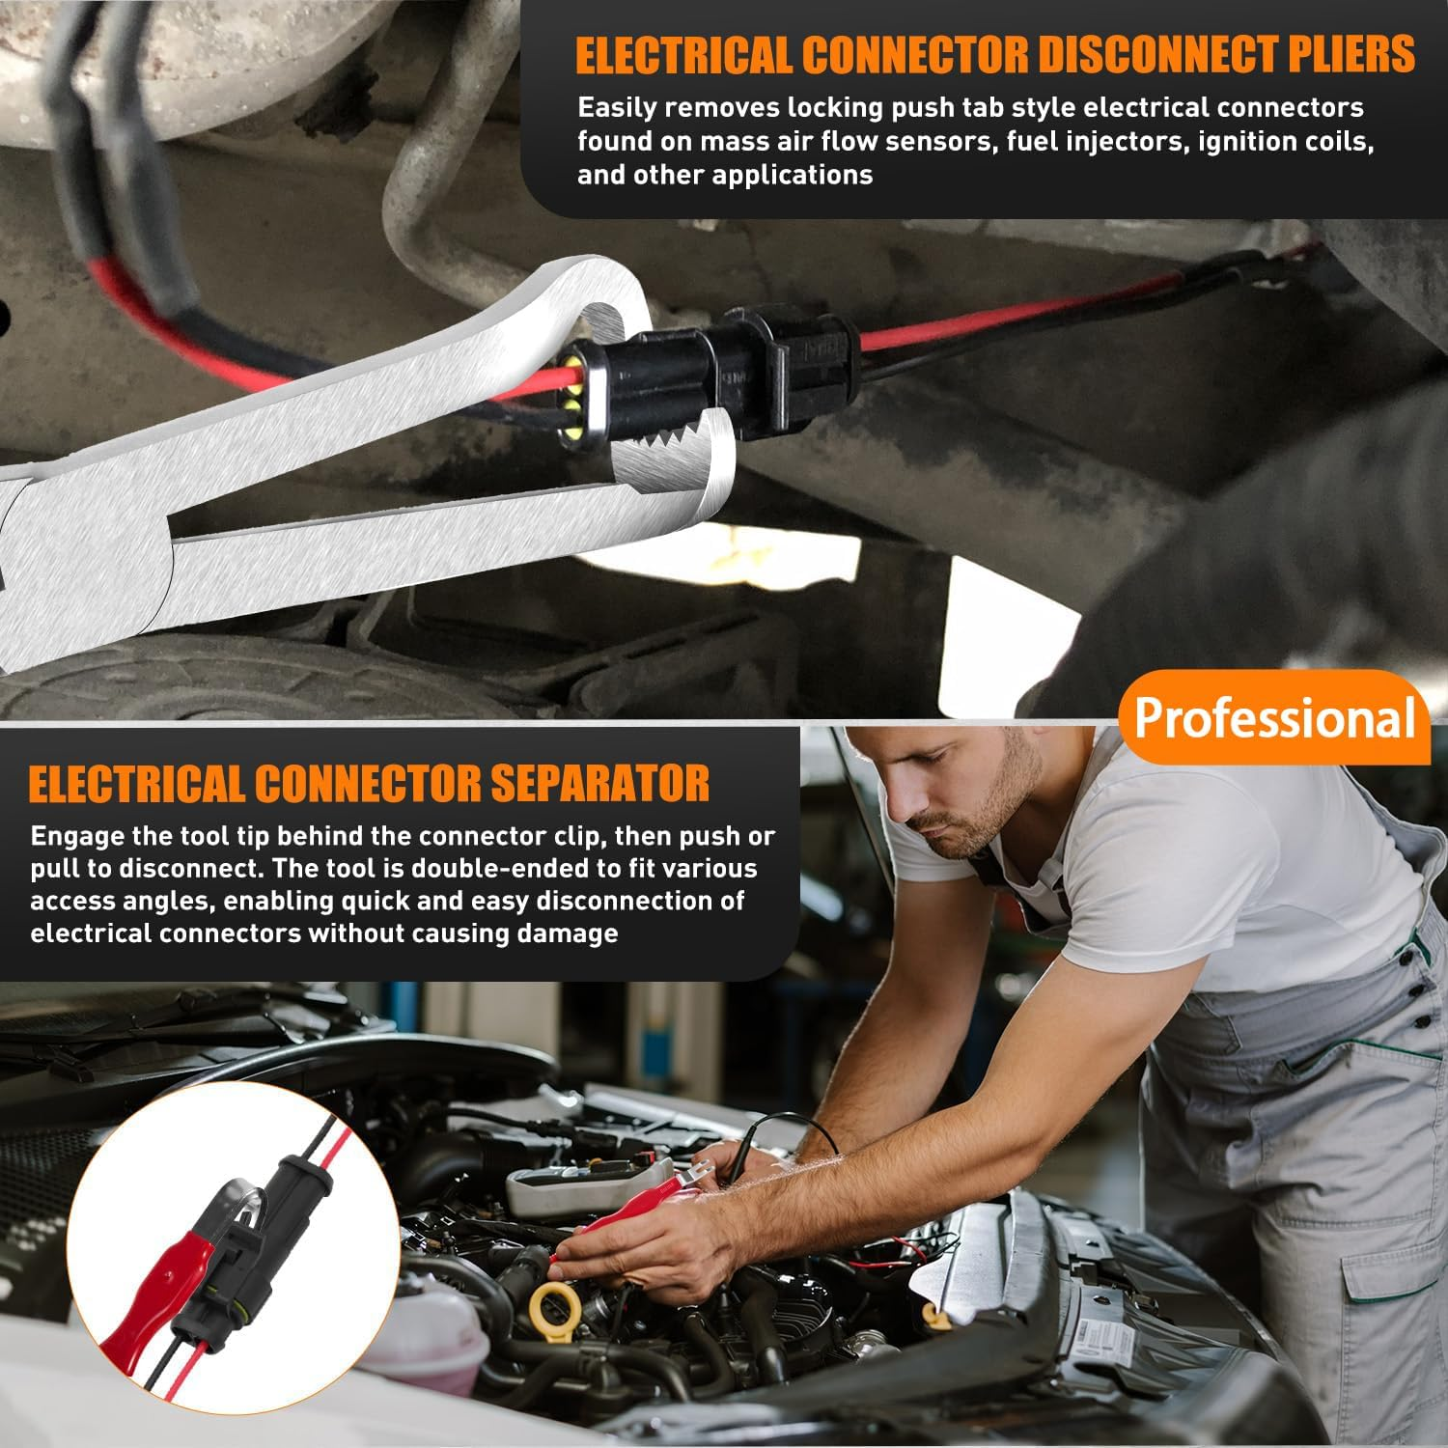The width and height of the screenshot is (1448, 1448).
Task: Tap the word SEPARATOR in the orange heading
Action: [600, 784]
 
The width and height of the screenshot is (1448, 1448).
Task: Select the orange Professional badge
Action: [1274, 718]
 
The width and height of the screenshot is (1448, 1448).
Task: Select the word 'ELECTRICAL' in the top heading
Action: [683, 54]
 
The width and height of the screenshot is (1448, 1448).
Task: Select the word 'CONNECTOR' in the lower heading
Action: [371, 784]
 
